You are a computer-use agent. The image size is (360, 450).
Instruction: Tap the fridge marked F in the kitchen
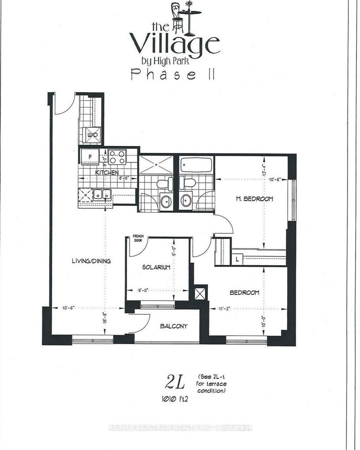point(90,157)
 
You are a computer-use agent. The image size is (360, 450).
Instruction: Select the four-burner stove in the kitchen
point(117,157)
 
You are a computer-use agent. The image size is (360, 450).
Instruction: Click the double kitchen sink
point(102,195)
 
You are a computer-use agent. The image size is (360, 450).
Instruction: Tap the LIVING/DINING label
point(91,261)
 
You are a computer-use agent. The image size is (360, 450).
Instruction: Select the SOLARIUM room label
point(156,267)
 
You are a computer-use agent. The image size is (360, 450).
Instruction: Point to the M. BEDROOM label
point(254,199)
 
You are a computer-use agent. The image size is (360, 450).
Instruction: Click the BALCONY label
point(174,326)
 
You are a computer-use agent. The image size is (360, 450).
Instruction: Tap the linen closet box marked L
point(238,259)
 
